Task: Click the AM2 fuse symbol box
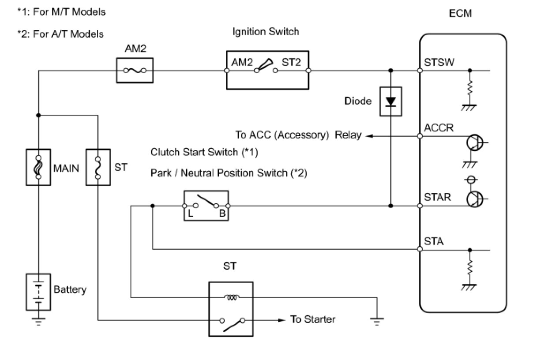click(135, 70)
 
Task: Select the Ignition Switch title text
click(266, 32)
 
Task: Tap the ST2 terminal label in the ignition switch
click(291, 63)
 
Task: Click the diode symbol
click(390, 101)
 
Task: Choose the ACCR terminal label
click(439, 128)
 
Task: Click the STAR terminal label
click(437, 197)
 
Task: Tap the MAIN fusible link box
click(39, 167)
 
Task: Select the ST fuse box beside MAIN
click(98, 167)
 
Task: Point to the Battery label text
click(70, 290)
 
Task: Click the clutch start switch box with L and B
click(206, 205)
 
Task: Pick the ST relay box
click(231, 309)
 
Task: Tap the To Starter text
click(313, 319)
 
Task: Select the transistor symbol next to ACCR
click(475, 143)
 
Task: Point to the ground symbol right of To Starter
click(376, 321)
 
